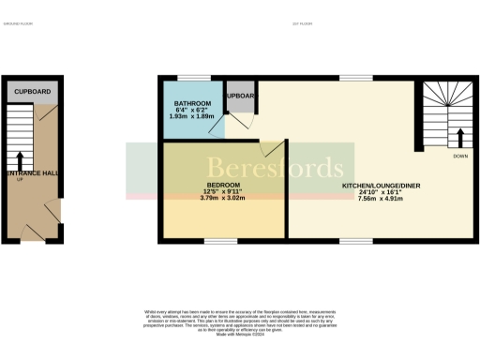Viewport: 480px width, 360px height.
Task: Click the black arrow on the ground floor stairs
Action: click(21, 160)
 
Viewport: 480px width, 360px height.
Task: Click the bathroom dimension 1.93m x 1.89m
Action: click(193, 116)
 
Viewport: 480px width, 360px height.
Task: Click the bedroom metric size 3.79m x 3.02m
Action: click(224, 198)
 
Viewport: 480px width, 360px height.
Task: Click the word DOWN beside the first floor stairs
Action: click(459, 156)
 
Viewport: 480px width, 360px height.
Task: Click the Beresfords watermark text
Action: click(276, 170)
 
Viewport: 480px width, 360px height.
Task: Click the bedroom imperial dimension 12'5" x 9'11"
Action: click(224, 190)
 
